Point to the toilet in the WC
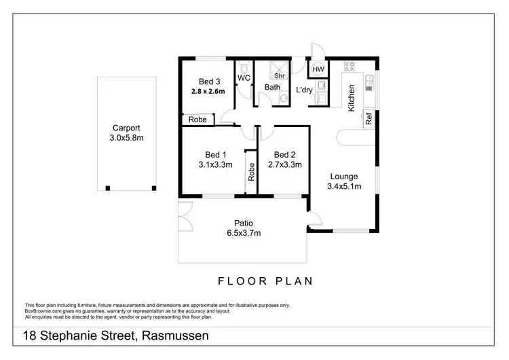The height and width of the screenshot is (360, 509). point(244,68)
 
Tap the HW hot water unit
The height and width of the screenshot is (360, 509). point(318,69)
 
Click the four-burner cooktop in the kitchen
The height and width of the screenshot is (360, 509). point(350,67)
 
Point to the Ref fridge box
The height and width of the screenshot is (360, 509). point(369,118)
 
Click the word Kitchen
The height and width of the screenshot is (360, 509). point(352,98)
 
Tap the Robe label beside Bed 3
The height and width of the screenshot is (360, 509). point(197,120)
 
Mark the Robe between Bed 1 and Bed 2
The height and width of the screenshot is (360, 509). point(251,172)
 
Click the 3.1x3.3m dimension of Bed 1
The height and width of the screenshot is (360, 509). point(216,164)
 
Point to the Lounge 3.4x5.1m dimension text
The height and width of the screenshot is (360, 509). point(343,185)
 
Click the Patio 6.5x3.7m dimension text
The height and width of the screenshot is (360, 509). point(244,234)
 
